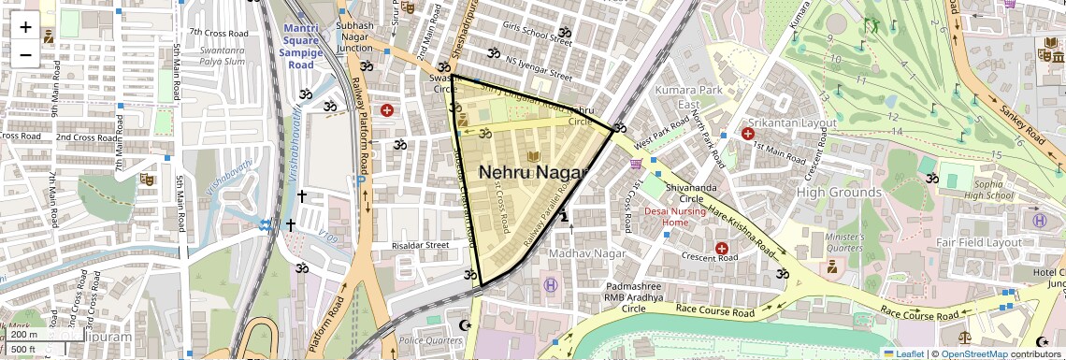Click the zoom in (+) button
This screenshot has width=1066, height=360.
pyautogui.click(x=25, y=26)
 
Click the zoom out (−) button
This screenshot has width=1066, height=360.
pyautogui.click(x=25, y=54)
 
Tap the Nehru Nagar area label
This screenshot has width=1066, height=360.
pyautogui.click(x=532, y=173)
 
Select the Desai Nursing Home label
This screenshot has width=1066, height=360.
pyautogui.click(x=676, y=217)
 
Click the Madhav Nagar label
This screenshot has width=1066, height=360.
pyautogui.click(x=587, y=253)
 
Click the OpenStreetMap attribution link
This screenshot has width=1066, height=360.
pyautogui.click(x=974, y=353)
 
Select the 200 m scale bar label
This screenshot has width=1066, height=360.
pyautogui.click(x=24, y=335)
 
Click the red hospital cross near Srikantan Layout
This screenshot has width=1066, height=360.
pyautogui.click(x=748, y=134)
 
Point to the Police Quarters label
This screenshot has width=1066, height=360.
pyautogui.click(x=430, y=340)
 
